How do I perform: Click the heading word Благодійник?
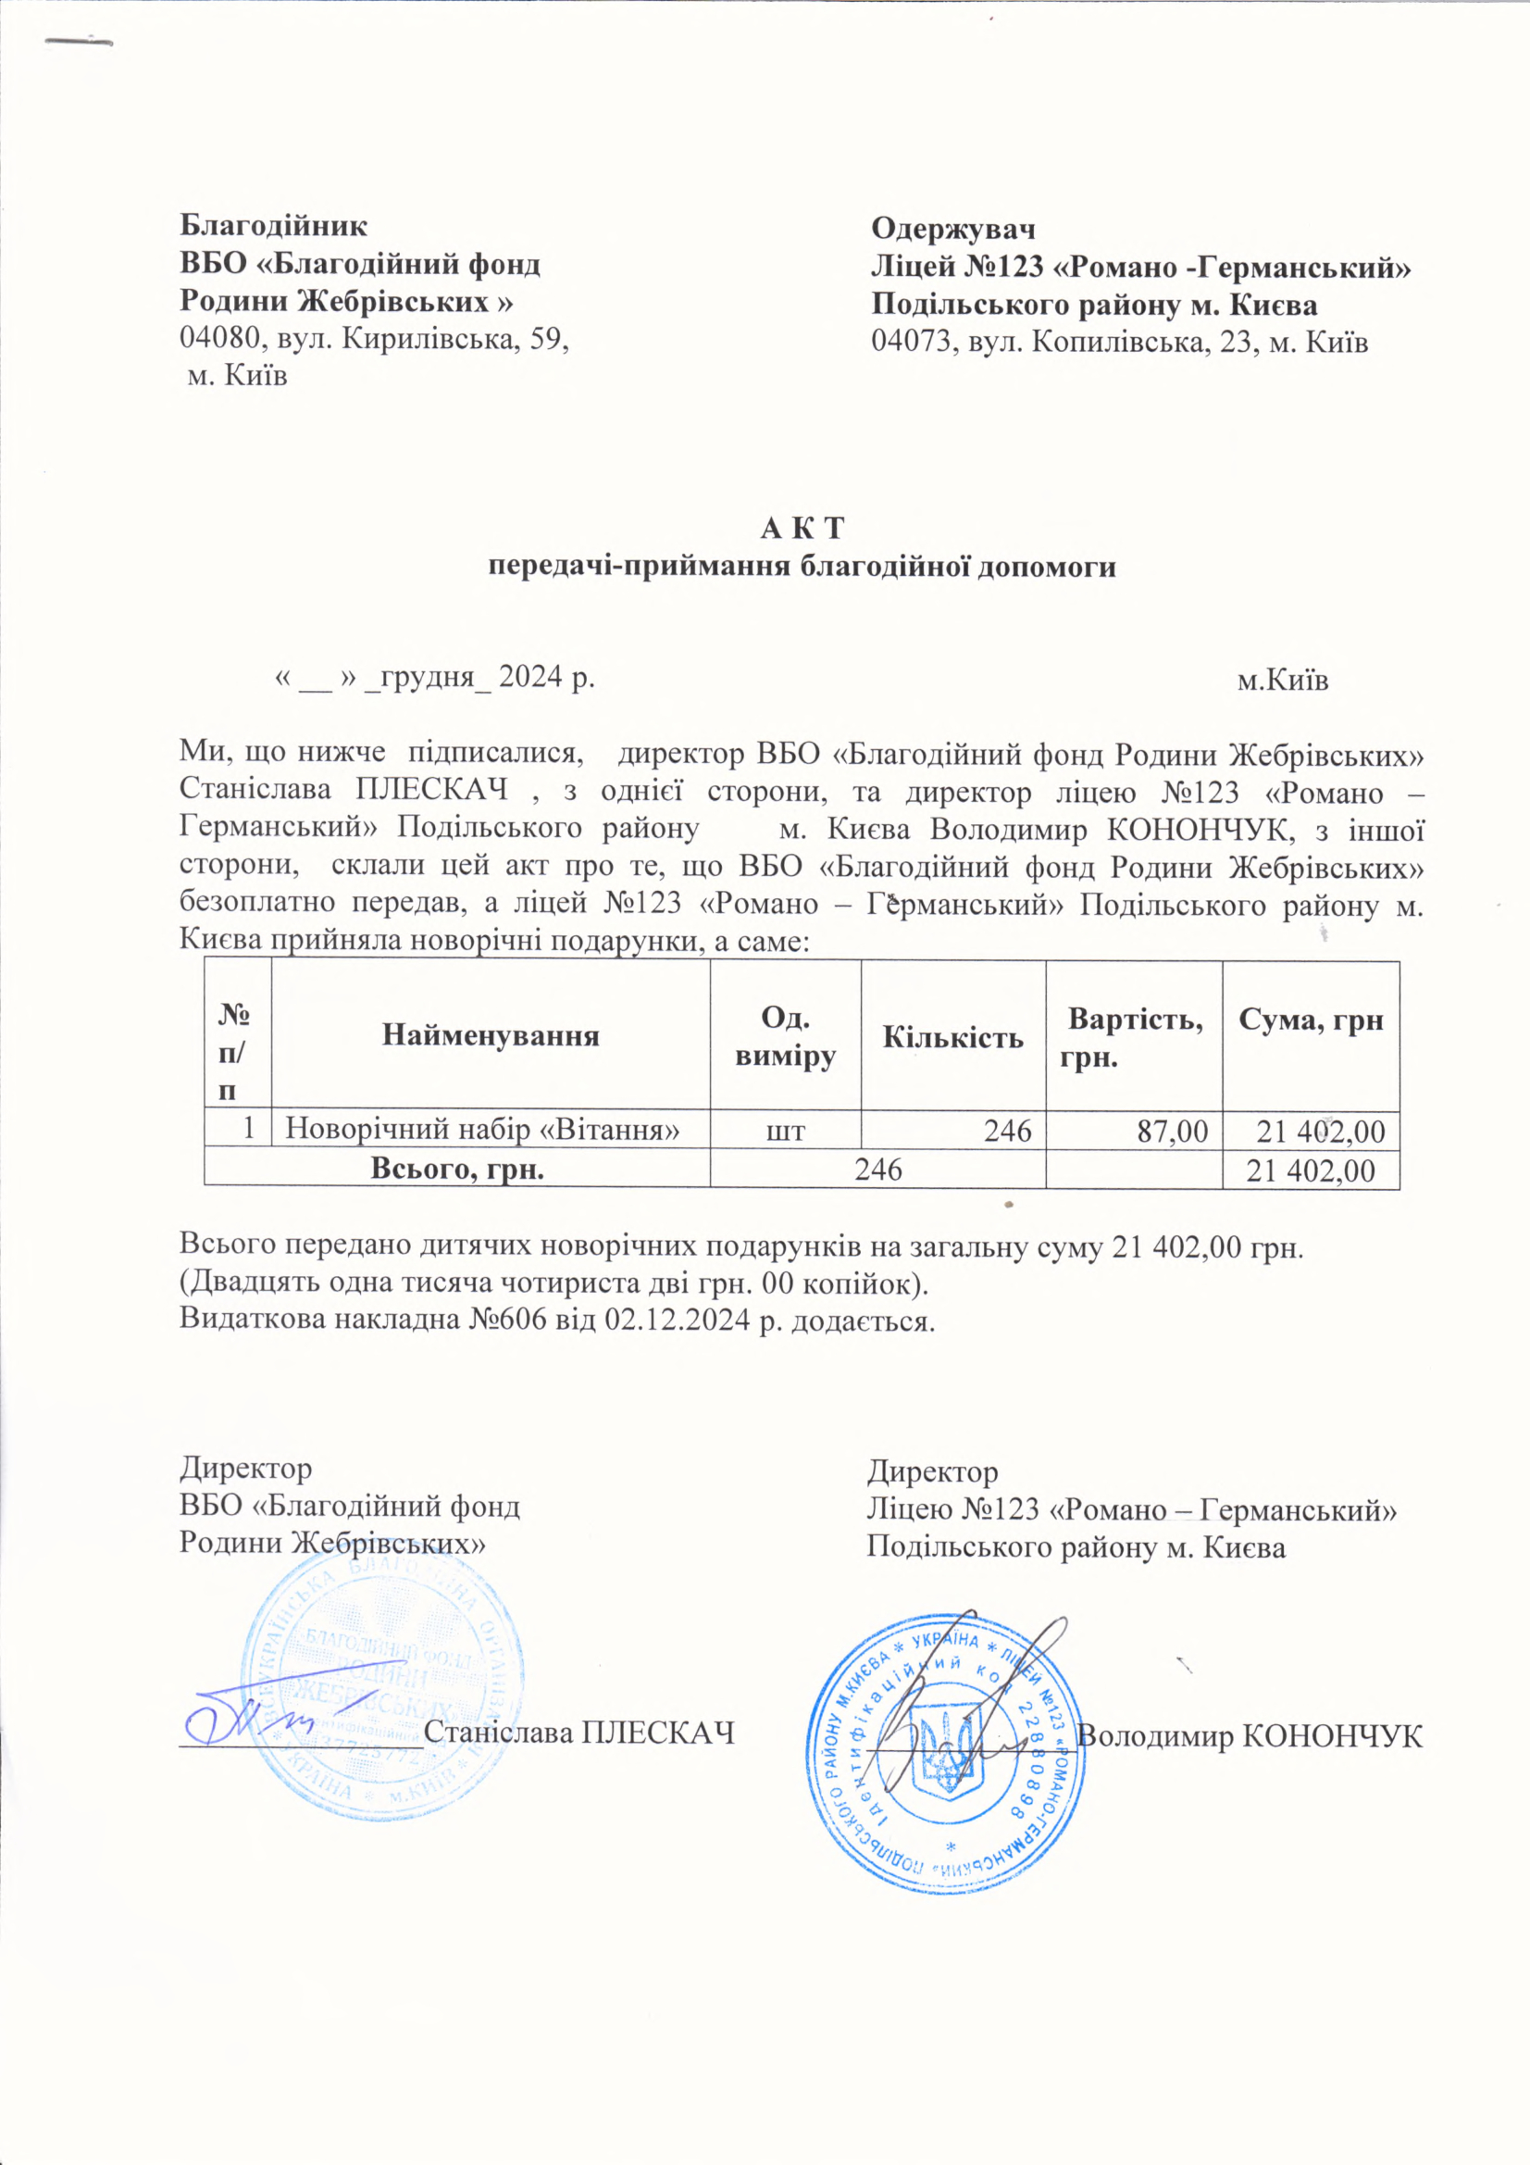273,227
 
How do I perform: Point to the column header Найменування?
491,1036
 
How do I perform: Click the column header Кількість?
953,1037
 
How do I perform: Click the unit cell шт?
785,1131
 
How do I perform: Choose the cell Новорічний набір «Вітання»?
482,1129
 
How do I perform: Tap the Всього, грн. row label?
456,1170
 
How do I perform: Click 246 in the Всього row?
877,1170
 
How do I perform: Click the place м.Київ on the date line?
1282,681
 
